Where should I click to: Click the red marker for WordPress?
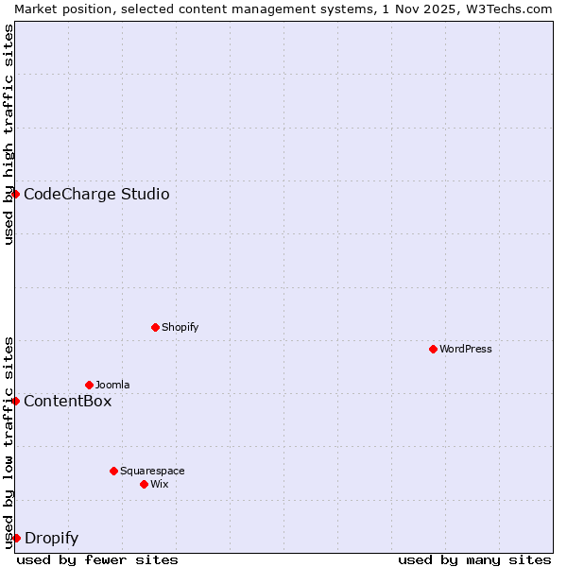point(433,349)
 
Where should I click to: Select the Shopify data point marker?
point(155,327)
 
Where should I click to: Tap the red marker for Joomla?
point(89,385)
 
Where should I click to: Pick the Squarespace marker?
point(113,471)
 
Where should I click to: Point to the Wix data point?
point(144,484)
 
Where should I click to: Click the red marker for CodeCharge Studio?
point(15,194)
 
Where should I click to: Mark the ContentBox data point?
point(15,401)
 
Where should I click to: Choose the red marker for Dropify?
point(15,538)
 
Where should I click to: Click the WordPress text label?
point(465,349)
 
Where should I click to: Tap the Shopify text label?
point(180,327)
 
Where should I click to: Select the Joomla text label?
point(112,385)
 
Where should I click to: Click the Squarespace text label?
point(152,471)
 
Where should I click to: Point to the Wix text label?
point(159,484)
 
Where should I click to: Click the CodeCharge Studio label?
point(96,195)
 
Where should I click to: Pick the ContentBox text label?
point(67,402)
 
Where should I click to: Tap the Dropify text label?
point(51,539)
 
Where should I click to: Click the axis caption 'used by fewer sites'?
point(97,559)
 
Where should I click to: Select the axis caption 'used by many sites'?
point(474,559)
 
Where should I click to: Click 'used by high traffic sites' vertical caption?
point(9,134)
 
